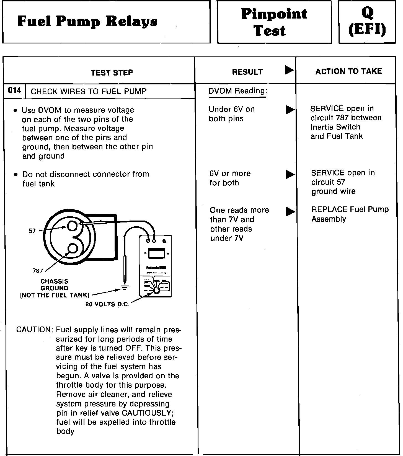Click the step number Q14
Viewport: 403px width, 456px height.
click(x=14, y=91)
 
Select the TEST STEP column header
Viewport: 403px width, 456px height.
click(x=112, y=72)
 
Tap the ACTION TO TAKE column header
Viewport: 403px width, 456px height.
click(x=348, y=71)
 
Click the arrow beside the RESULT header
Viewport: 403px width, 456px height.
click(x=289, y=70)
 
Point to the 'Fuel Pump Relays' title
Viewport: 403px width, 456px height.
click(x=87, y=22)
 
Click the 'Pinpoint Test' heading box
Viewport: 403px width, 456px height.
click(x=274, y=22)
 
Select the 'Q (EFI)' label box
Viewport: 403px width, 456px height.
click(x=367, y=22)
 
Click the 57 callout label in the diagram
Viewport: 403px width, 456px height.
click(x=32, y=231)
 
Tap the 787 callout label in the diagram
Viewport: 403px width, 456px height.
click(x=38, y=271)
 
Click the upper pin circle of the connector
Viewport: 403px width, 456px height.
click(x=72, y=226)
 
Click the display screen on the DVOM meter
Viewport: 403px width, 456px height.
click(x=157, y=253)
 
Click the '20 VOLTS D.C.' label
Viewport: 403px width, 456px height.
click(x=107, y=304)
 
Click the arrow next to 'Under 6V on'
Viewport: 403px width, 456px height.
click(x=290, y=110)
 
